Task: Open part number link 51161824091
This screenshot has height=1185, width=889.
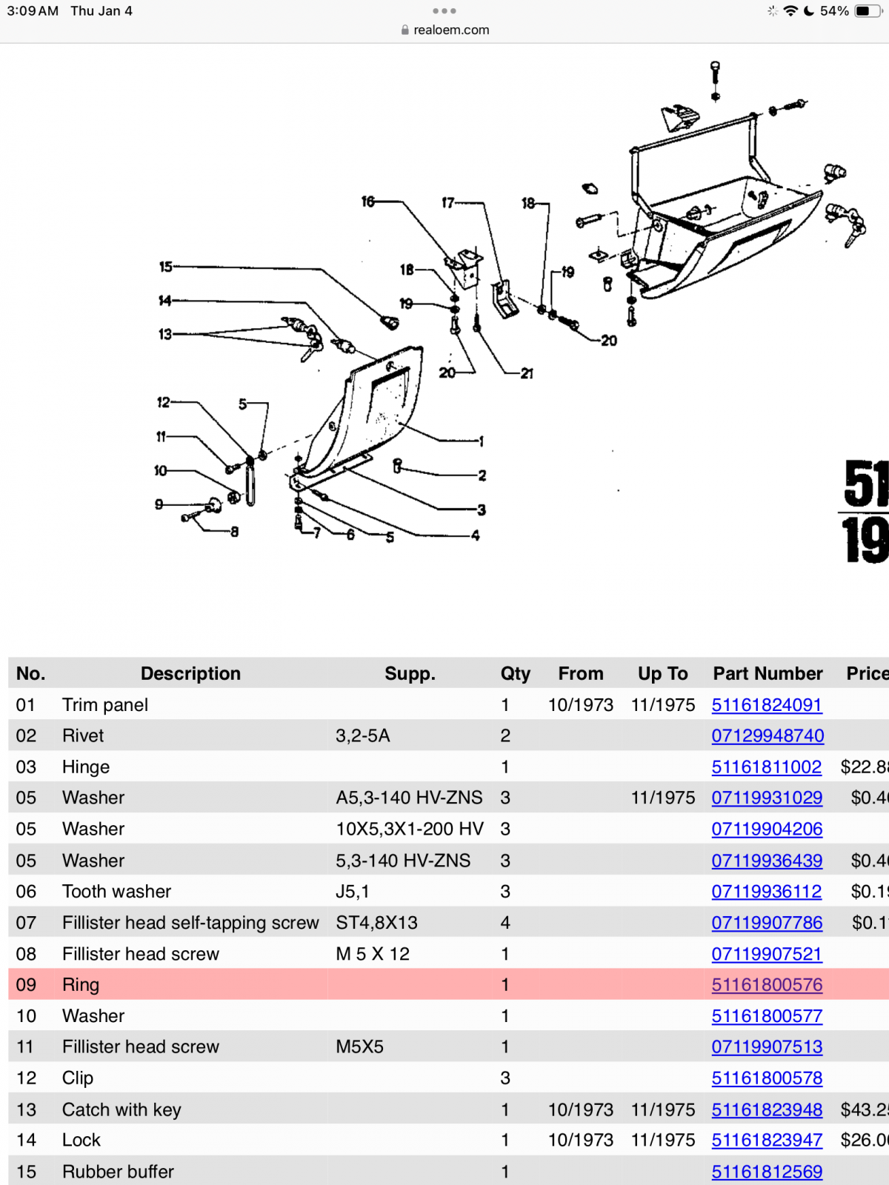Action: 767,705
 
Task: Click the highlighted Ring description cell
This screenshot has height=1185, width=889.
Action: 81,985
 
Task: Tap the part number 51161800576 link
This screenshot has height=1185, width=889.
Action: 767,985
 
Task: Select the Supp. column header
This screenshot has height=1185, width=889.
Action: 410,673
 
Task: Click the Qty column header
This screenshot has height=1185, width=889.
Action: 515,673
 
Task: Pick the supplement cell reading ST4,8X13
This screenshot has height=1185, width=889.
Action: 376,923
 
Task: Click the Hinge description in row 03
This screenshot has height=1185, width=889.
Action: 86,767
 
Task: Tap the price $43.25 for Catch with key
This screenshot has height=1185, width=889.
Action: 864,1109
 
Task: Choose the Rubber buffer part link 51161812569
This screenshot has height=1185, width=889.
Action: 767,1172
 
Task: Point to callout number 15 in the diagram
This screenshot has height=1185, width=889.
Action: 165,267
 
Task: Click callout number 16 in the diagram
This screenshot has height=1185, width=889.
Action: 368,201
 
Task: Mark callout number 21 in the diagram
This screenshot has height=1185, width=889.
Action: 527,373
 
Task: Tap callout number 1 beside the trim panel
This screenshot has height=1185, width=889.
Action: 482,441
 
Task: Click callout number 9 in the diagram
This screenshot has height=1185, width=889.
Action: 159,504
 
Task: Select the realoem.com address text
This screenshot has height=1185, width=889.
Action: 451,30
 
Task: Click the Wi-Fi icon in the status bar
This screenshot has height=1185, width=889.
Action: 790,11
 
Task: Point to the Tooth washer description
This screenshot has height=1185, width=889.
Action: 116,892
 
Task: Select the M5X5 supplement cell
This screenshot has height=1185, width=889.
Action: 359,1047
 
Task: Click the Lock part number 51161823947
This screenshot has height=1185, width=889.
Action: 767,1141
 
